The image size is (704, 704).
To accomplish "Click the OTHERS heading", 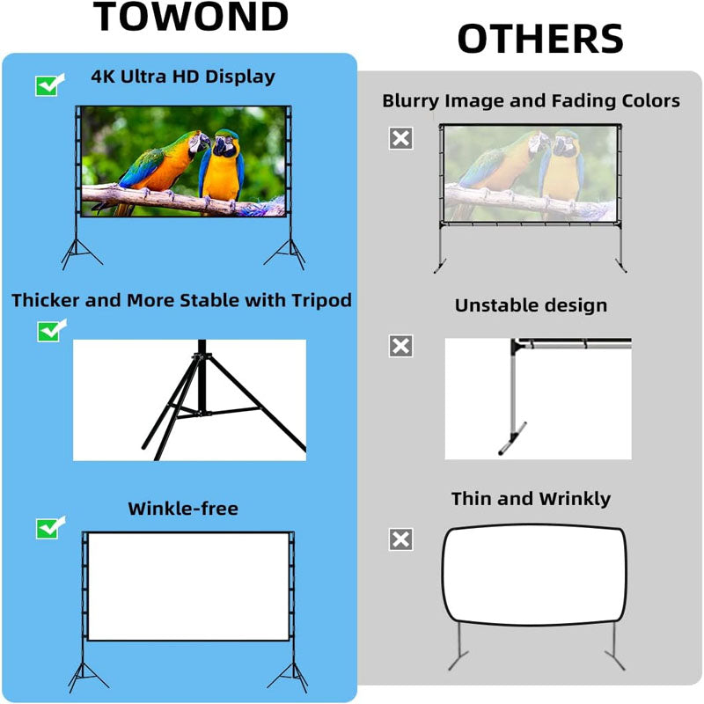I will [x=539, y=40].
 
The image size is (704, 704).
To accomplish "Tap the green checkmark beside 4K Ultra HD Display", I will [x=48, y=85].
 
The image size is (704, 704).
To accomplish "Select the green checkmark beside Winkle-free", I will [x=48, y=528].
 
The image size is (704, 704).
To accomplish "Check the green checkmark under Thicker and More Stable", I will [x=48, y=331].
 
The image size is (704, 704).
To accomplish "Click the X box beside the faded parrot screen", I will [x=400, y=138].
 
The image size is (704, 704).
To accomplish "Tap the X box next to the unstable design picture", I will [x=400, y=346].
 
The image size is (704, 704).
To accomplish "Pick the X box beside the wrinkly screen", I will [x=400, y=539].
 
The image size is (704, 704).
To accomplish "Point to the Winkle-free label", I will [x=183, y=509].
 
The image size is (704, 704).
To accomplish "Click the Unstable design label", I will [x=531, y=305].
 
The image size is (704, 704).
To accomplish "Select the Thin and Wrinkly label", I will [x=531, y=499].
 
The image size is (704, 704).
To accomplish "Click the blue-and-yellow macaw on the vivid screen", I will [x=222, y=167].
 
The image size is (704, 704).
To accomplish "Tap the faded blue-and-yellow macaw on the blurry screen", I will [x=560, y=172].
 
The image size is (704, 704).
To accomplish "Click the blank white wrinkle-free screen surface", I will [x=188, y=585].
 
